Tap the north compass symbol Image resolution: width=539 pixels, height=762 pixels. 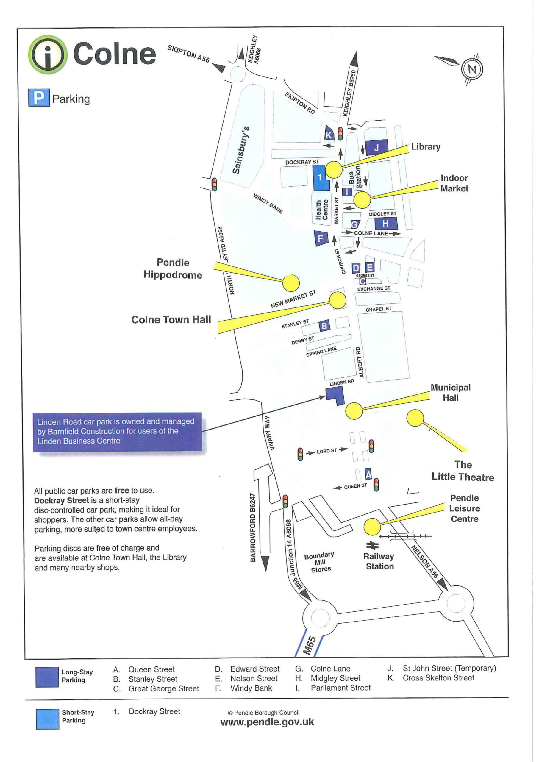point(472,69)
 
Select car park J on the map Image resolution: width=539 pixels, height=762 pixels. point(376,147)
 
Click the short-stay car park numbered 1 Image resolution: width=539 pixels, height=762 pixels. point(321,178)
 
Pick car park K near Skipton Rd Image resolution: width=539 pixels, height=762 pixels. point(329,133)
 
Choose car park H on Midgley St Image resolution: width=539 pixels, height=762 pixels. point(386,224)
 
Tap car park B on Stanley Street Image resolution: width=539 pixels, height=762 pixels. point(324,326)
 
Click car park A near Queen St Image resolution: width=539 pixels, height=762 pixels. point(368,474)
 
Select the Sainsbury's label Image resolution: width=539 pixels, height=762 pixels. point(241,150)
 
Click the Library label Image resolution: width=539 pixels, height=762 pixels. point(426,147)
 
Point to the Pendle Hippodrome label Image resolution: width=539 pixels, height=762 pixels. point(173,268)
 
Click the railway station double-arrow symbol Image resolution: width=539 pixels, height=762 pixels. point(372,545)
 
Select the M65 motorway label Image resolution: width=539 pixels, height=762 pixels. point(310,646)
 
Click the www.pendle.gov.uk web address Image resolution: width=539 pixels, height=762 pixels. point(267,722)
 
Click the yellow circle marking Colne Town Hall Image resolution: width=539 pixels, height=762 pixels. point(338,300)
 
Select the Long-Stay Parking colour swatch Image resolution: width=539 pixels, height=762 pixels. point(47,677)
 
